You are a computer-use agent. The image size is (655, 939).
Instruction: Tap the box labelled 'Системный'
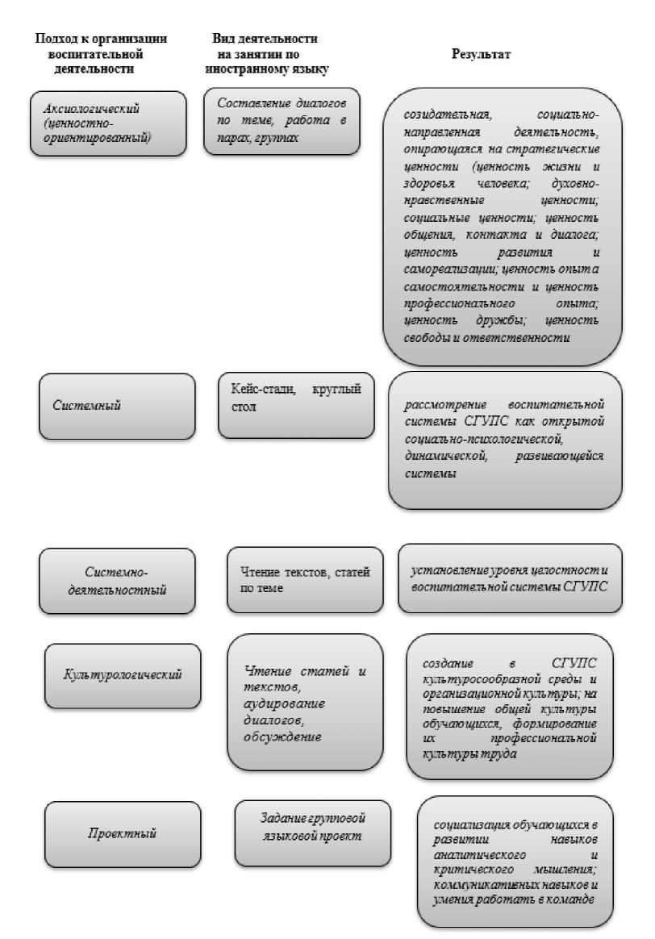tap(117, 406)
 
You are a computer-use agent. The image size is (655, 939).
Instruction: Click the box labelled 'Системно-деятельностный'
tap(118, 580)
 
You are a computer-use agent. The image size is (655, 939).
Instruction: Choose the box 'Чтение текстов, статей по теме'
tap(306, 580)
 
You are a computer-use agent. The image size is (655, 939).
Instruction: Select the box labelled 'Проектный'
tap(122, 833)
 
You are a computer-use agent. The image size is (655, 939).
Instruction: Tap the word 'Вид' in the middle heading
tap(222, 39)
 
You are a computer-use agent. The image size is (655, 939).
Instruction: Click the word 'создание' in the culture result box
tap(448, 664)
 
